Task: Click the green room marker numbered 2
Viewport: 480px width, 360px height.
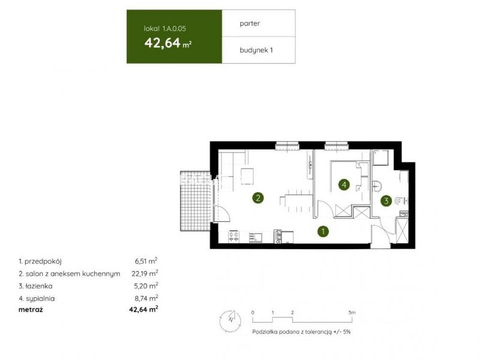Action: [258, 198]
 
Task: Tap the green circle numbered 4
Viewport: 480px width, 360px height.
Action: [344, 185]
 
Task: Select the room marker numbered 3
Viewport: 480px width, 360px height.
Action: [386, 201]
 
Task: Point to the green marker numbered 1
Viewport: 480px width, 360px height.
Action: [323, 232]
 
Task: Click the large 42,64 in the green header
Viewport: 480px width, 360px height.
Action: [163, 43]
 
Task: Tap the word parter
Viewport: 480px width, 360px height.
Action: [250, 23]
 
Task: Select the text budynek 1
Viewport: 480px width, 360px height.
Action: [256, 50]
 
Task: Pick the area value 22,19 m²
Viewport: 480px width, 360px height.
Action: [145, 274]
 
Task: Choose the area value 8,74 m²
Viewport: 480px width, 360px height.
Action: [146, 298]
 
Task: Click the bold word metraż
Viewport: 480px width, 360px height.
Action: [31, 310]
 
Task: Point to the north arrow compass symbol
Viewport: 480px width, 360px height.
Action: [230, 321]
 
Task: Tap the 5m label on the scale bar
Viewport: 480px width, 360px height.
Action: [352, 313]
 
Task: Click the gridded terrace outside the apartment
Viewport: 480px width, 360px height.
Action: [196, 201]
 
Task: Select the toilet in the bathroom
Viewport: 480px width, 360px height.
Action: [401, 201]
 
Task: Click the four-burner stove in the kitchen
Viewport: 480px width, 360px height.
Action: [234, 236]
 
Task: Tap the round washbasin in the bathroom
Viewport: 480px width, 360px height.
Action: [377, 186]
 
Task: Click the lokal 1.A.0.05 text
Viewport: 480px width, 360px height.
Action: [164, 29]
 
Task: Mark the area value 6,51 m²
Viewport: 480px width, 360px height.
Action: [146, 261]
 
